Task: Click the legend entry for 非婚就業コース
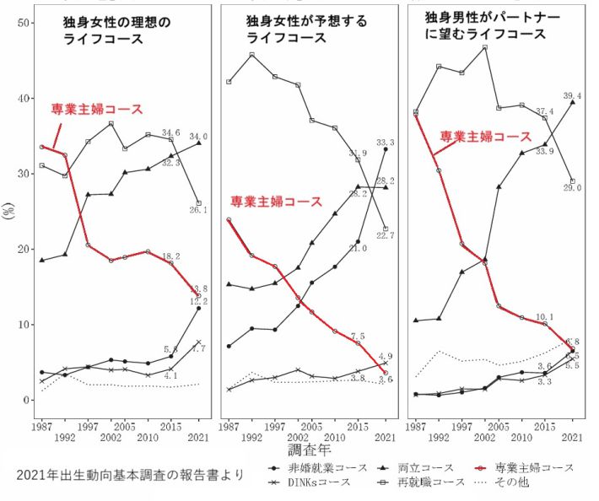coord(315,467)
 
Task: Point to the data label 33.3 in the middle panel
coord(384,143)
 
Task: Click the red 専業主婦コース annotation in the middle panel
coord(276,202)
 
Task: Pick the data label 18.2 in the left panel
coord(171,255)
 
